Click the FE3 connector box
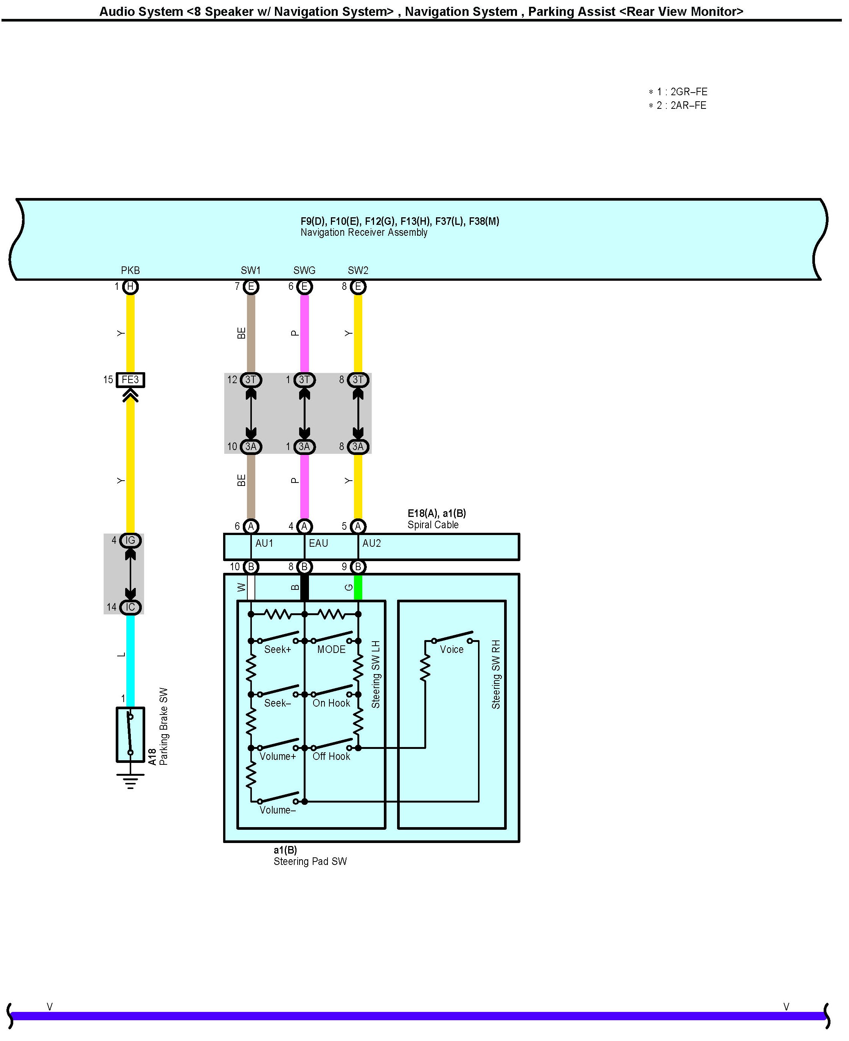pyautogui.click(x=130, y=380)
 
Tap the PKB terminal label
pyautogui.click(x=130, y=270)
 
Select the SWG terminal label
pyautogui.click(x=304, y=270)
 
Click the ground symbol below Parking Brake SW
pyautogui.click(x=130, y=781)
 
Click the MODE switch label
pyautogui.click(x=331, y=650)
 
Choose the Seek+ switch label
pyautogui.click(x=277, y=650)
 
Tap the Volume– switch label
pyautogui.click(x=277, y=810)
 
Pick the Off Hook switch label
pyautogui.click(x=331, y=756)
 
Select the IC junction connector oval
pyautogui.click(x=130, y=607)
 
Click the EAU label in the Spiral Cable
pyautogui.click(x=318, y=543)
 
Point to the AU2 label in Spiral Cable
pyautogui.click(x=371, y=543)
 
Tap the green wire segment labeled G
pyautogui.click(x=358, y=588)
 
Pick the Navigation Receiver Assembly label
pyautogui.click(x=364, y=233)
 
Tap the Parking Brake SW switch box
pyautogui.click(x=130, y=734)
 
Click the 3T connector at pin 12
pyautogui.click(x=250, y=380)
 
